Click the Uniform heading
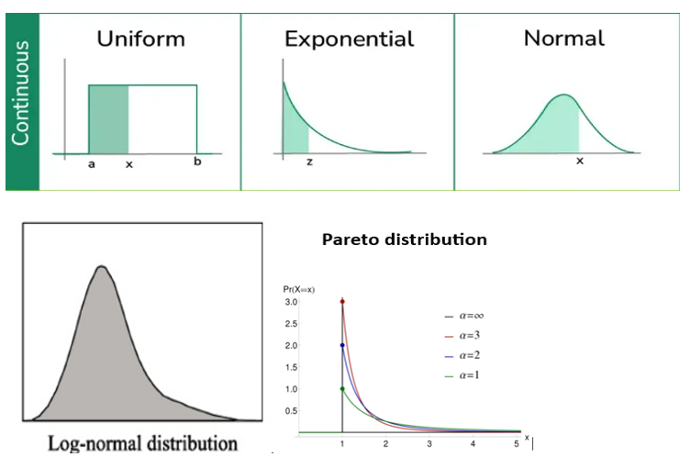(x=141, y=39)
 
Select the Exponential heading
(x=349, y=39)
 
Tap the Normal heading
(x=563, y=39)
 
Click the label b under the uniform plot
(x=197, y=163)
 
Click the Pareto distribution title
(x=404, y=240)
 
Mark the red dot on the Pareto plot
(x=342, y=302)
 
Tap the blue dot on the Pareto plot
(x=342, y=346)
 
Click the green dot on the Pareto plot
(x=342, y=389)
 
